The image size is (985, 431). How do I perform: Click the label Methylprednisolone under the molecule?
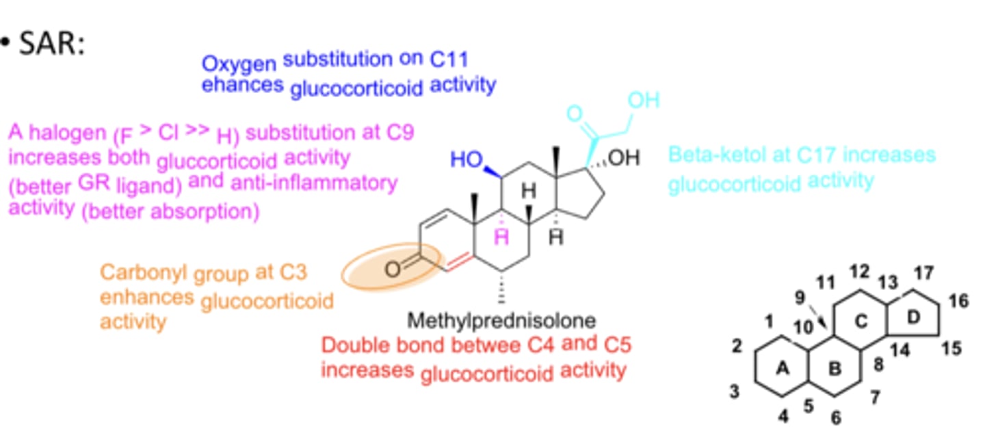(x=501, y=320)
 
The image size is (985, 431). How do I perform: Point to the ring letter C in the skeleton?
(x=861, y=319)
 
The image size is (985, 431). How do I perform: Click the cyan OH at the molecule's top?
(x=643, y=101)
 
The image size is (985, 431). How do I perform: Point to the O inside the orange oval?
(x=393, y=269)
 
